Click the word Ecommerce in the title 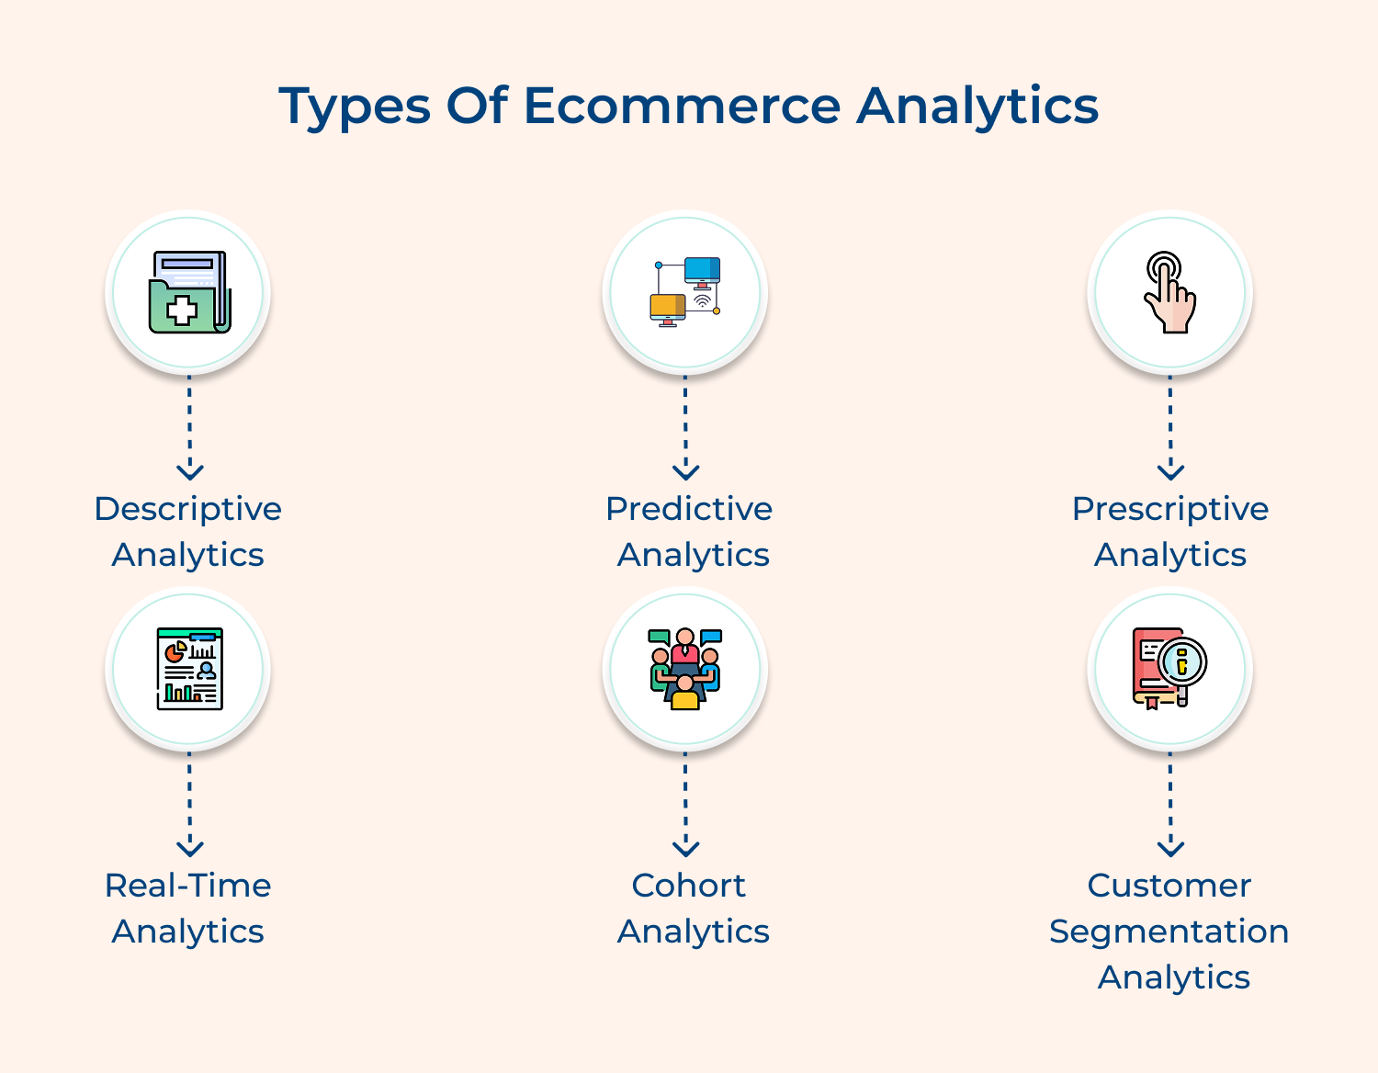682,105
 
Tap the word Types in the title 355,107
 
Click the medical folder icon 189,292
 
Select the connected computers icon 685,292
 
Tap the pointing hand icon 1169,292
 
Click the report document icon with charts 189,669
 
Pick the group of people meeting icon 685,669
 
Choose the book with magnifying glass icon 1169,669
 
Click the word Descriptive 188,508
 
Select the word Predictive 689,508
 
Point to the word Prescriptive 1169,508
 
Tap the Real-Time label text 188,885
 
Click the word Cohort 689,885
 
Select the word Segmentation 1169,931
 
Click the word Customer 1169,885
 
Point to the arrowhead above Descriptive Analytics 190,472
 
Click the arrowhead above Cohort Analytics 685,849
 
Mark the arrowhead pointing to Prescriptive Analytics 1170,472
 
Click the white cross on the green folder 181,311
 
